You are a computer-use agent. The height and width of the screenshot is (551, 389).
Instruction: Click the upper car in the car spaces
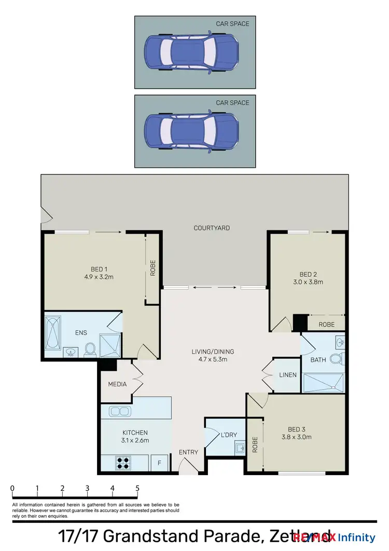191,52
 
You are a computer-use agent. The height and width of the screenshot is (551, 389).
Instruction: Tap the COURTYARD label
212,228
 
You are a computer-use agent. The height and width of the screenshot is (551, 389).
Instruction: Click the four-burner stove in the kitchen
123,462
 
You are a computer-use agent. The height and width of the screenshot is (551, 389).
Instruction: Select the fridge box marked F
159,463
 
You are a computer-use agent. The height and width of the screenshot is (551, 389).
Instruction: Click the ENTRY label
188,452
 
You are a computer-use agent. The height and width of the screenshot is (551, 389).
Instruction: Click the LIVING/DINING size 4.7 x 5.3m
210,359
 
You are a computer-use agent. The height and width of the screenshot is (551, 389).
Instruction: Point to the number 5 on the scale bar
137,488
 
